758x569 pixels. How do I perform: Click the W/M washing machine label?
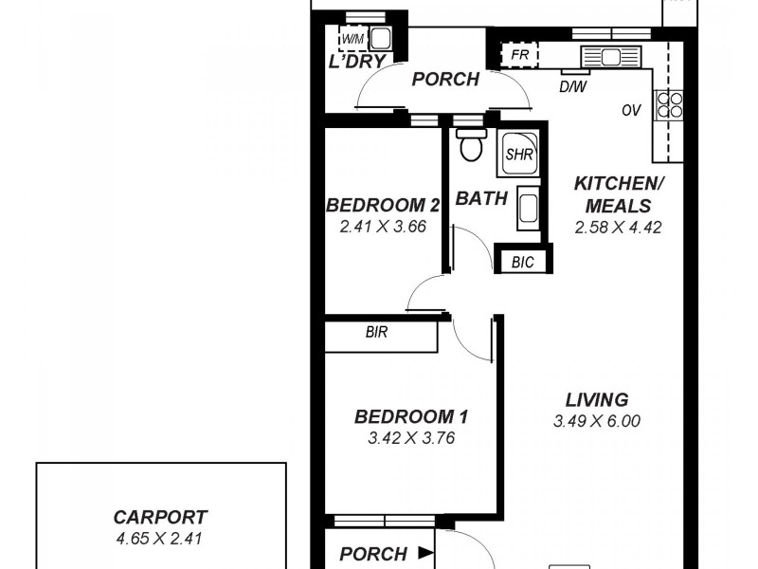click(x=352, y=39)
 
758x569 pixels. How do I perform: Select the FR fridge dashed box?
click(x=519, y=55)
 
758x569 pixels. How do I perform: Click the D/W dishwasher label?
click(x=572, y=87)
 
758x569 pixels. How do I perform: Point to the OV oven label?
click(x=632, y=111)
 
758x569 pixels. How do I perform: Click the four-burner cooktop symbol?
click(x=670, y=103)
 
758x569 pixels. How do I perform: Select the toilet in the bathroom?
click(x=469, y=145)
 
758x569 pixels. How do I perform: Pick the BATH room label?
click(x=481, y=199)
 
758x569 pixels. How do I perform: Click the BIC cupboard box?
click(x=522, y=261)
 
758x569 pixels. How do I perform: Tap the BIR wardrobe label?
click(x=376, y=334)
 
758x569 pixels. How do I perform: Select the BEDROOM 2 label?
click(x=383, y=206)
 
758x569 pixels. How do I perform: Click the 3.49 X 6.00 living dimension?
click(x=597, y=420)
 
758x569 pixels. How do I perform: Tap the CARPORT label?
click(x=160, y=518)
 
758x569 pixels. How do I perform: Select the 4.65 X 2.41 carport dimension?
click(x=160, y=538)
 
